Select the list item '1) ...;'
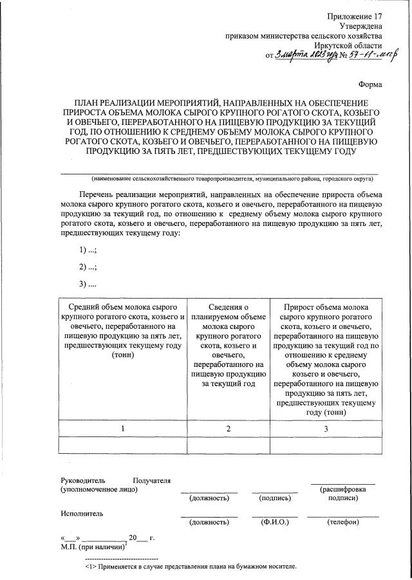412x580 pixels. tap(88, 250)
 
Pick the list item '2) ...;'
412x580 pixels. tap(88, 267)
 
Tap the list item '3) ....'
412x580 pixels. tap(88, 283)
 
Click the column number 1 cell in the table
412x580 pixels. tap(123, 428)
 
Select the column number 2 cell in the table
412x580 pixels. tap(228, 428)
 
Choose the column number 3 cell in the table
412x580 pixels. tap(326, 428)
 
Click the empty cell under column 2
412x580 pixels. tap(228, 445)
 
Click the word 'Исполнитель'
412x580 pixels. tap(82, 514)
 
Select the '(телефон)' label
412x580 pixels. tap(342, 522)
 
